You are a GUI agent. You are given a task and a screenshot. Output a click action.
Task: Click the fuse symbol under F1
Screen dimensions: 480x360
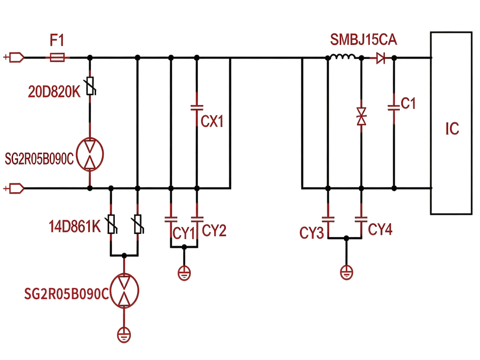click(57, 57)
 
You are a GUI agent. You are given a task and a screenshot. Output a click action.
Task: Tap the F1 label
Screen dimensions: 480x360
click(57, 40)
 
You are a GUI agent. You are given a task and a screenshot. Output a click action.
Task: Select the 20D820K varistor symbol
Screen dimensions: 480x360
click(90, 86)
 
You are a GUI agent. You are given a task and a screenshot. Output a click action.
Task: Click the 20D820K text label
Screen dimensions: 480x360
click(54, 91)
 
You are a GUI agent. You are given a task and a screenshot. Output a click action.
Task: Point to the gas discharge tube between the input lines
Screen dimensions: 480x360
click(90, 154)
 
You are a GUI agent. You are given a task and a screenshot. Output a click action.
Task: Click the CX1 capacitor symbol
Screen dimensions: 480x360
click(197, 108)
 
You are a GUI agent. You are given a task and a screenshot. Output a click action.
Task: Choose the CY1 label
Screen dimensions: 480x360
click(184, 233)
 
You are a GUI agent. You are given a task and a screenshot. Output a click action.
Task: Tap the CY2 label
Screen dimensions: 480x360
click(214, 231)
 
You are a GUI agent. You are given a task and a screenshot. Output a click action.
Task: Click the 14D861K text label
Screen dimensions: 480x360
click(75, 226)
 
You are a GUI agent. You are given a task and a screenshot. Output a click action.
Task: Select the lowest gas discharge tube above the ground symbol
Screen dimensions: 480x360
click(124, 291)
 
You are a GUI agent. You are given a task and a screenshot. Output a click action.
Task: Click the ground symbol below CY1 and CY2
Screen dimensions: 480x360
click(184, 273)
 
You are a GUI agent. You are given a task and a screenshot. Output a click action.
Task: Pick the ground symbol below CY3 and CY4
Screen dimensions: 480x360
click(346, 272)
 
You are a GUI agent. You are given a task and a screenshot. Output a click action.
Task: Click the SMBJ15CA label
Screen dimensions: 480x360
click(363, 40)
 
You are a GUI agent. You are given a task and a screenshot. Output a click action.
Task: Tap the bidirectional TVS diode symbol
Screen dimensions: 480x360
click(361, 116)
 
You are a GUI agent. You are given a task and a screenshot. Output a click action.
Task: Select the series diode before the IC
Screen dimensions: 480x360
click(381, 58)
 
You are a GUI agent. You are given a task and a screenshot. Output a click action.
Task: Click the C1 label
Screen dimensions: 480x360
click(408, 104)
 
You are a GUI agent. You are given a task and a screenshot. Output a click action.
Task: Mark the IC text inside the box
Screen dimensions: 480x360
click(452, 129)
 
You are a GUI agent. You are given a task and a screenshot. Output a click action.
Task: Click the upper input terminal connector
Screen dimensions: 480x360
click(14, 57)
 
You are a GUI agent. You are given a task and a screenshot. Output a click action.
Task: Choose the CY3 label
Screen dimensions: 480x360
click(311, 233)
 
